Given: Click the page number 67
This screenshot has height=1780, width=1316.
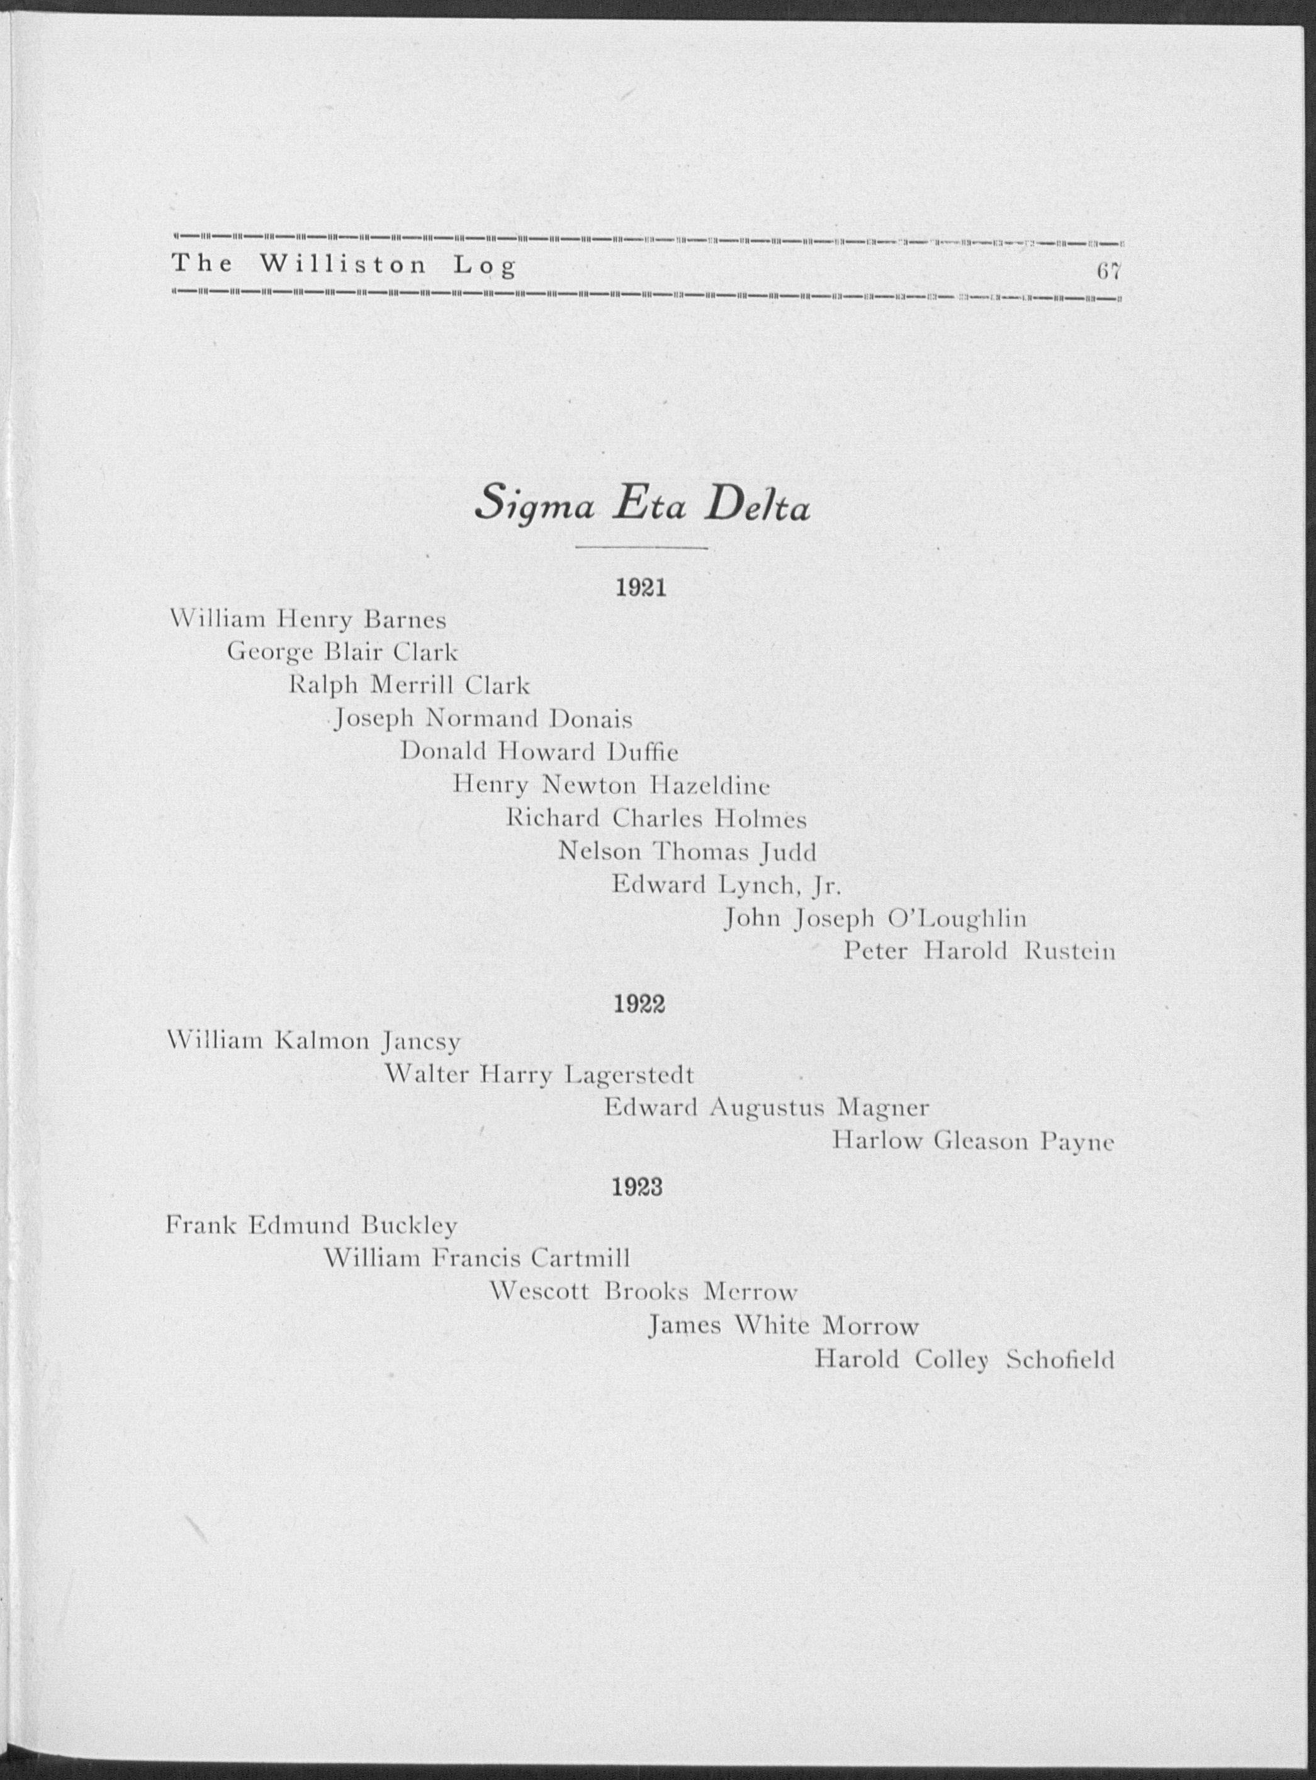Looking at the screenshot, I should click(1108, 271).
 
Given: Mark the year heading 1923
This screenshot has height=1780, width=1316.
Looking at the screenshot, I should click(638, 1187).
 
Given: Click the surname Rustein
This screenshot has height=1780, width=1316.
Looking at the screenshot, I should click(1069, 952).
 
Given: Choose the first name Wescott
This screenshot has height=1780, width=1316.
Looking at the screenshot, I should click(539, 1291).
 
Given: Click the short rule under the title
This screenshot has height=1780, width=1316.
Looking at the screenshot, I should click(641, 549).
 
